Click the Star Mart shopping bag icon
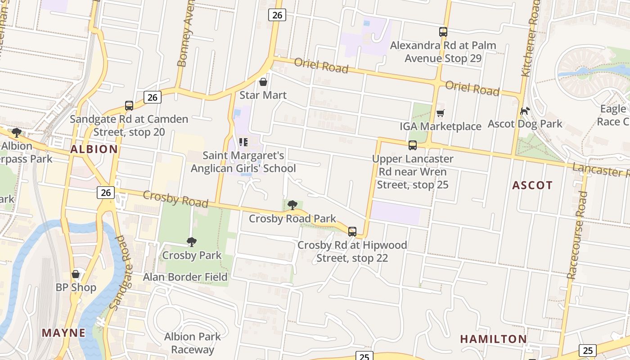point(263,82)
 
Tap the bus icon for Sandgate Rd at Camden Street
point(129,106)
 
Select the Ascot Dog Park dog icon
point(525,111)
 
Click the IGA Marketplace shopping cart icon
point(440,113)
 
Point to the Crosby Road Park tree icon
point(292,206)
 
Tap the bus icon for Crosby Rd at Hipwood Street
point(352,232)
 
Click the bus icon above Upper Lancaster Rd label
point(413,145)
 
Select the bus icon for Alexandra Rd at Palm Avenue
point(443,32)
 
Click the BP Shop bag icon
point(76,274)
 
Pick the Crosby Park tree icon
point(192,242)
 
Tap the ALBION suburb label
point(94,149)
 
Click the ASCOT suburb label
point(532,185)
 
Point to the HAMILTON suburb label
point(493,339)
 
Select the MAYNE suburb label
point(63,333)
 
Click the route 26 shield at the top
point(277,15)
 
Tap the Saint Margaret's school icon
point(243,143)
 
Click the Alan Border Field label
point(185,277)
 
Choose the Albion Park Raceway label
point(192,343)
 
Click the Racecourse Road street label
point(577,235)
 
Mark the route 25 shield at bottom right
point(587,350)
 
